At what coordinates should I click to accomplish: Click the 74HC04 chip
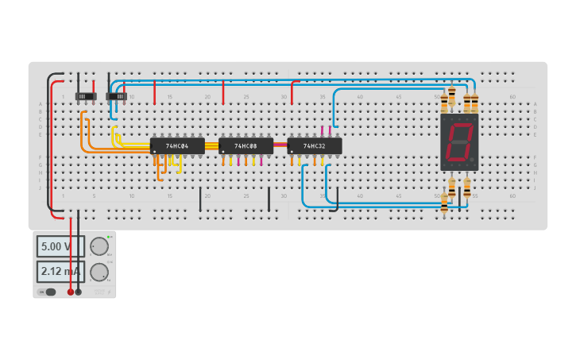point(177,146)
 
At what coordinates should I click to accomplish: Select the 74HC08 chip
point(245,146)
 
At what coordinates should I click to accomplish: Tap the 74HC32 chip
point(315,146)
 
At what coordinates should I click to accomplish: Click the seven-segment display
point(459,142)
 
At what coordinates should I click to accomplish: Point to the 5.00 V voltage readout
point(57,246)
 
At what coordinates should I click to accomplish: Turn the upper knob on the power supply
point(99,246)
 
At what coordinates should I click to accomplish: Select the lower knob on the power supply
point(99,272)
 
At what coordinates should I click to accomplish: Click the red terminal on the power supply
point(71,292)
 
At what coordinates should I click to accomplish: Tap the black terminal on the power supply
point(78,292)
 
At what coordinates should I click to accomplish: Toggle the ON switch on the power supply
point(49,292)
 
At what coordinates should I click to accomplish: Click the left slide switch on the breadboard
point(86,96)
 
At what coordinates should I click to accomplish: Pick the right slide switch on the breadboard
point(116,96)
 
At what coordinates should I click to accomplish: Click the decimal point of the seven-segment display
point(471,160)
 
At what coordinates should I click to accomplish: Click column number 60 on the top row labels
point(512,97)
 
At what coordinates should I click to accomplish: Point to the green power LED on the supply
point(108,237)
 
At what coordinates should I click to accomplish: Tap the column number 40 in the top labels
point(360,97)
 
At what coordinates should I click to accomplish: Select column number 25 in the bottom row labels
point(245,195)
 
